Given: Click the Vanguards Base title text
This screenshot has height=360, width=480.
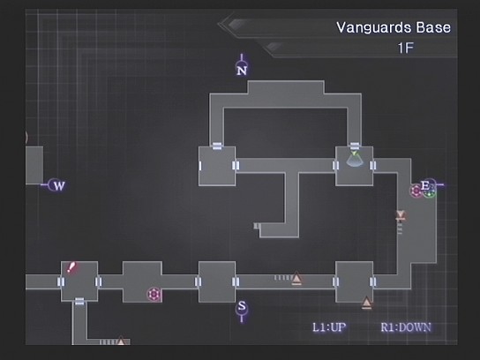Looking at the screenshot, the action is (x=394, y=27).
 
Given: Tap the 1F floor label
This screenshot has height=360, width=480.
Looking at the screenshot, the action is (x=406, y=48).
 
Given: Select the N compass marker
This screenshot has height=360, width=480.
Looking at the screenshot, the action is (x=242, y=67).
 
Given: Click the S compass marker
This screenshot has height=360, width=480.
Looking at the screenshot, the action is (x=242, y=310).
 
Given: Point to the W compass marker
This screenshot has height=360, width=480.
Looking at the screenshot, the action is (x=56, y=185).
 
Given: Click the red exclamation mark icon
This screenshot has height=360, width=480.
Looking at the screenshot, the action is (x=71, y=267).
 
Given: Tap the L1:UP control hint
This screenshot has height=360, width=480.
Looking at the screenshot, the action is (x=329, y=327).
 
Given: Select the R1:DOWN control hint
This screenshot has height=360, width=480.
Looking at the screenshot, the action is (x=406, y=327).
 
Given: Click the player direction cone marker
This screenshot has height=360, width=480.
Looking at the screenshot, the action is (x=355, y=160).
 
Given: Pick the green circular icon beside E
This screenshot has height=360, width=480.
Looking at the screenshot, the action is (x=430, y=193).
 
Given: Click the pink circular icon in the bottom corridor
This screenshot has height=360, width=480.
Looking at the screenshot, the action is (x=154, y=295).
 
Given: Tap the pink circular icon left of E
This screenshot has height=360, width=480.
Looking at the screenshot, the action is (x=416, y=191).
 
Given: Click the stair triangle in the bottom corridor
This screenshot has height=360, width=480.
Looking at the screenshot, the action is (x=296, y=278).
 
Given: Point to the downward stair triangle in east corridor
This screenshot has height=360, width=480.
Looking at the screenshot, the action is (x=401, y=215).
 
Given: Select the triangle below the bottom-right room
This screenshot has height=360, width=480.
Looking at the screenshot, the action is (x=366, y=303).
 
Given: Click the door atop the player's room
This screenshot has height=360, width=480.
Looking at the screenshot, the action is (x=355, y=146).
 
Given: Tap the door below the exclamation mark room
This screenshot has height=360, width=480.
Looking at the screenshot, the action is (x=79, y=302).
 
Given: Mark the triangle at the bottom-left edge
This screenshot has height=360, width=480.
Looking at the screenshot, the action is (x=121, y=341).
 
